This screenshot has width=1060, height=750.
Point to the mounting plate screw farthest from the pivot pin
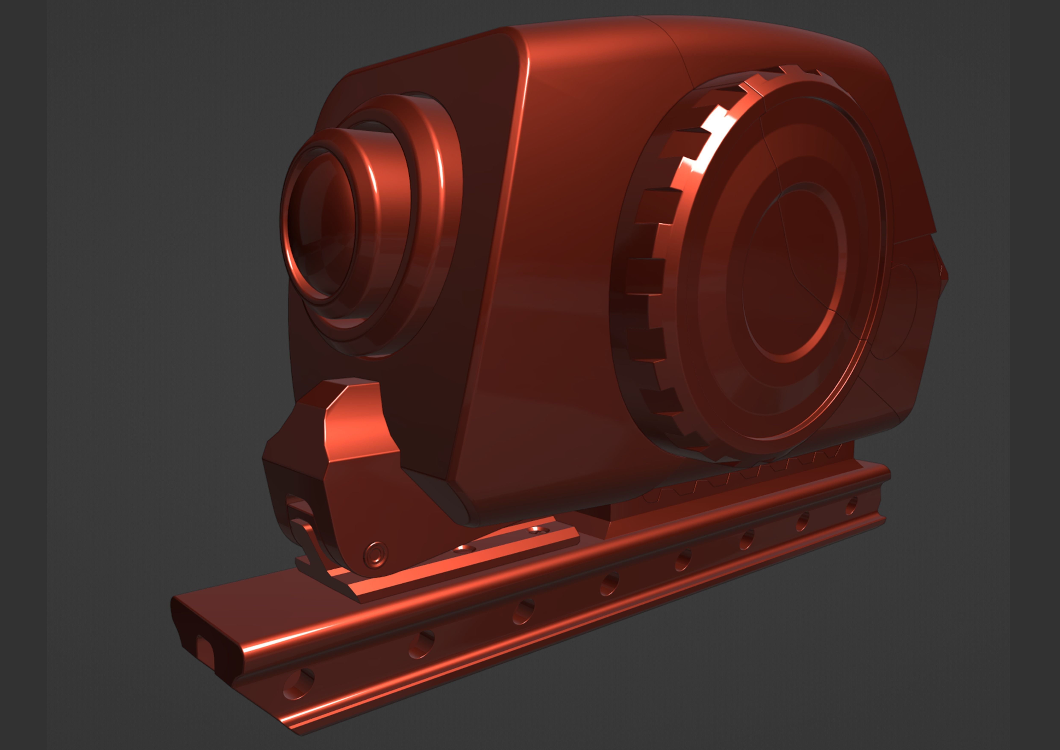pos(535,530)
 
